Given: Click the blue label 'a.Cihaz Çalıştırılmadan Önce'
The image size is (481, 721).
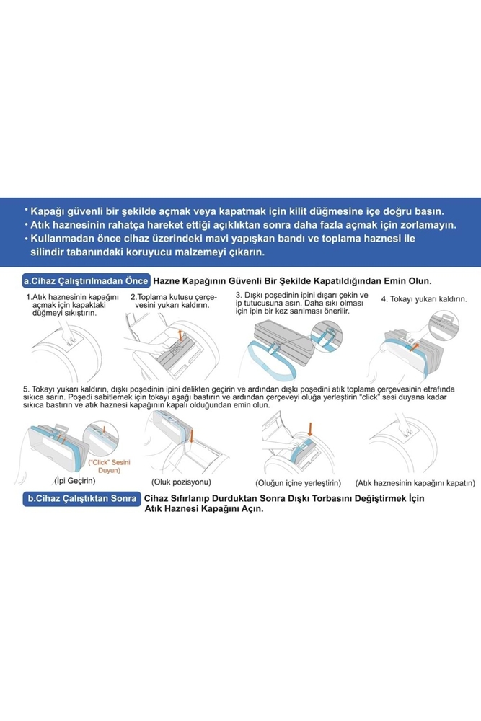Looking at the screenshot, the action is (87, 281).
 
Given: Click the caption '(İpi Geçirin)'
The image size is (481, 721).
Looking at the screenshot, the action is (75, 480).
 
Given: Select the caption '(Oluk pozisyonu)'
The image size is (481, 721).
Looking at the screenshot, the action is (181, 482).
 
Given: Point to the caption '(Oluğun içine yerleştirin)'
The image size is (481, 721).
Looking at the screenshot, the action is (299, 483).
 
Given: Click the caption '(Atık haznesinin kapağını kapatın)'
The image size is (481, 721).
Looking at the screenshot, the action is (415, 483).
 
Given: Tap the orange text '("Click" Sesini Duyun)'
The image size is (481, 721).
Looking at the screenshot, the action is (109, 466).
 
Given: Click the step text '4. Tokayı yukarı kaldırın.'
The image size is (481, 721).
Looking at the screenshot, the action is (424, 299).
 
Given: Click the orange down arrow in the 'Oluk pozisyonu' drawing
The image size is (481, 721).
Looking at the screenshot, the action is (192, 435).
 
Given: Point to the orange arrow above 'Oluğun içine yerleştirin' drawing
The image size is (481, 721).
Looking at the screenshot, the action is (310, 429).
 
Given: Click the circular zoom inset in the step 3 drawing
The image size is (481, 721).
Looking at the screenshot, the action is (327, 336).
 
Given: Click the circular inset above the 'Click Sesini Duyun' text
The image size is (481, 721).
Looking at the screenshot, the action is (101, 438).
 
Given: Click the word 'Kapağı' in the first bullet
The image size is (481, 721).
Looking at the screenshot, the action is (48, 212).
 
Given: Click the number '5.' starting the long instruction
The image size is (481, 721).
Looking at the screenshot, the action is (26, 389).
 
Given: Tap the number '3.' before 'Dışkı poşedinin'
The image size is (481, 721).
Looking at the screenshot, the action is (239, 295).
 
